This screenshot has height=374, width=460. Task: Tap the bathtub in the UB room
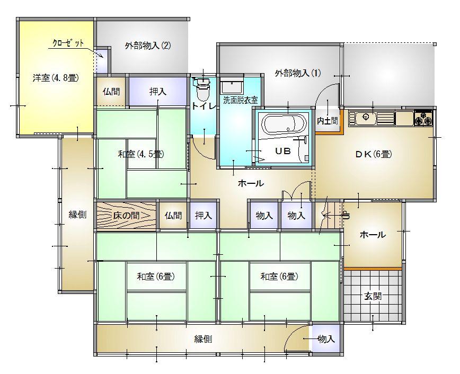(284, 124)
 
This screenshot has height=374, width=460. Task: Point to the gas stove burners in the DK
(423, 119)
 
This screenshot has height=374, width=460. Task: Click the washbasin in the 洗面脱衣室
(232, 86)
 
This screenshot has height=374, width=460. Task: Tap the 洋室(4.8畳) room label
(56, 78)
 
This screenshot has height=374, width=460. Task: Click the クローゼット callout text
(68, 43)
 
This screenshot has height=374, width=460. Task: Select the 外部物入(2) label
(148, 46)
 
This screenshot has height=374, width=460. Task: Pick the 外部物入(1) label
(298, 73)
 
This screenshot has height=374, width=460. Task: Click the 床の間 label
(126, 216)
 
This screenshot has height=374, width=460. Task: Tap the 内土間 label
(328, 121)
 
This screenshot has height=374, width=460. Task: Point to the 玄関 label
(373, 296)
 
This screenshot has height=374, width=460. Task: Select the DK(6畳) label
(374, 154)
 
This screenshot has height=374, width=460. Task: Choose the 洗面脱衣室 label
(241, 100)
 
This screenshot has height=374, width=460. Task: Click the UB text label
(283, 151)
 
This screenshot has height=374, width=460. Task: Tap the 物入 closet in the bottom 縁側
(326, 340)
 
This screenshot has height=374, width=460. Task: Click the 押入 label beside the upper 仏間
(158, 92)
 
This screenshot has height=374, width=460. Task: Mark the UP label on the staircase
(347, 216)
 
